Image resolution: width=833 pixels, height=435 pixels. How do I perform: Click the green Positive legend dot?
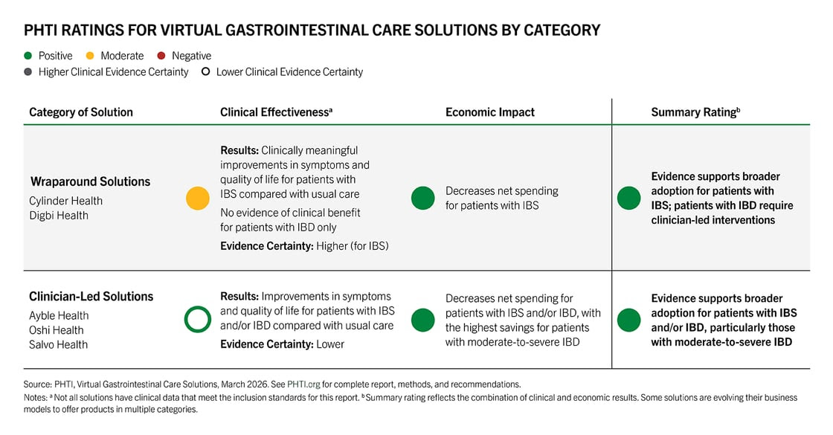coord(29,56)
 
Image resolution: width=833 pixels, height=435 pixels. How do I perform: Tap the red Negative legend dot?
coord(162,56)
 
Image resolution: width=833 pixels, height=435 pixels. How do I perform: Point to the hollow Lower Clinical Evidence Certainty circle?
coord(206,72)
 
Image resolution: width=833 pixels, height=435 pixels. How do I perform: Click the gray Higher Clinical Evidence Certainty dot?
coord(29,72)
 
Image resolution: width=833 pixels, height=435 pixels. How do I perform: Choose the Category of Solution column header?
coord(81,112)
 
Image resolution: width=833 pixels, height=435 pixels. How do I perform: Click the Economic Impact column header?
coord(489,112)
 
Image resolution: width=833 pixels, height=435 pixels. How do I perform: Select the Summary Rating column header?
coord(695,112)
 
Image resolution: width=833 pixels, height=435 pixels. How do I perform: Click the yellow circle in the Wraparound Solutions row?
coord(198,199)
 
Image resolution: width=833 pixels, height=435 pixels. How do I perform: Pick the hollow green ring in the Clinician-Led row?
coord(198,320)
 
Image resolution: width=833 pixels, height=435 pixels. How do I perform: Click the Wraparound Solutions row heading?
coord(90,181)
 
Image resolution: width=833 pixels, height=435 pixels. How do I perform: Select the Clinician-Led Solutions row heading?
coord(91,296)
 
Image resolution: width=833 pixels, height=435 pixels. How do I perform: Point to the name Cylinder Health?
coord(65,201)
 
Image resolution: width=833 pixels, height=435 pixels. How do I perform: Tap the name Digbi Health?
coord(59,216)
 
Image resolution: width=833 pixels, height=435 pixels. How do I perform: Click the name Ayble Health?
coord(59,315)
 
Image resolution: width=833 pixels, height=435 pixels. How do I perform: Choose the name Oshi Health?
coord(57,330)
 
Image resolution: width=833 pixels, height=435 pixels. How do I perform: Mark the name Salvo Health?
coord(58,344)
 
